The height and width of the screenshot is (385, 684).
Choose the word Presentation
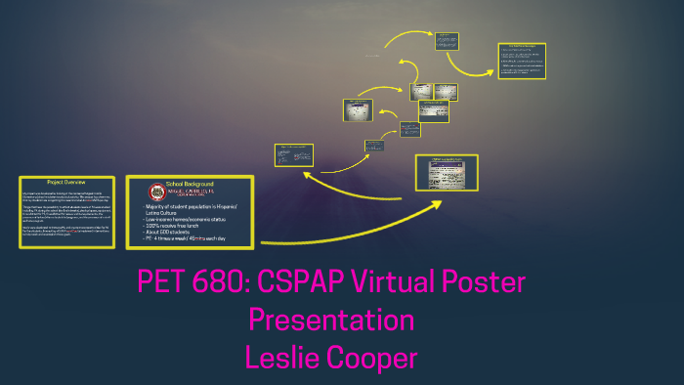click(x=331, y=321)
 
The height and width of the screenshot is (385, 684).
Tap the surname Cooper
click(x=376, y=357)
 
